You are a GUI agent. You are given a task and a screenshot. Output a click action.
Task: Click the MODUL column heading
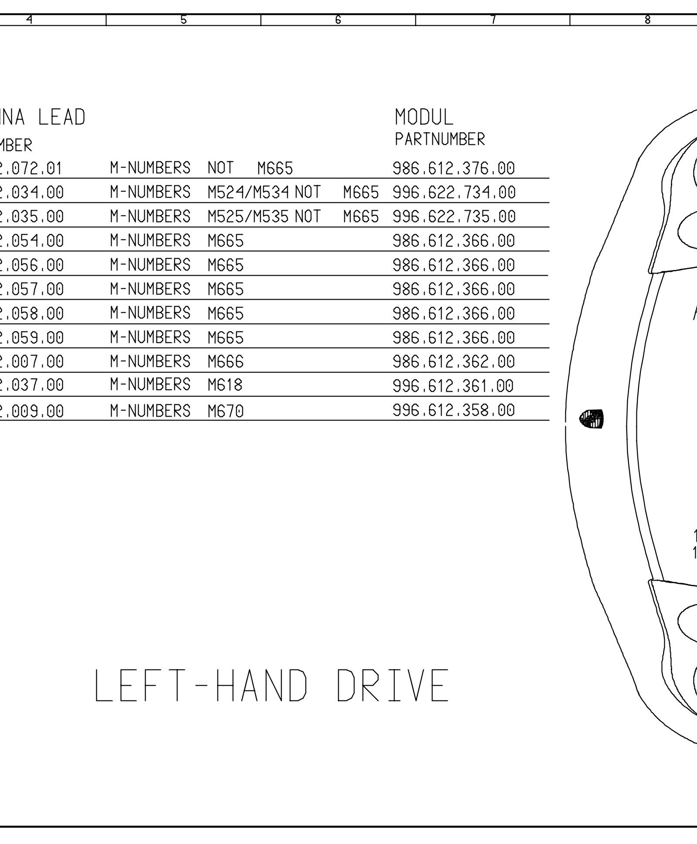click(424, 117)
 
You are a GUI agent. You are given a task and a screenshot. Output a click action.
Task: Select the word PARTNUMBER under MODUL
click(439, 140)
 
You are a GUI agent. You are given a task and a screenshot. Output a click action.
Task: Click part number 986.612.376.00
click(453, 168)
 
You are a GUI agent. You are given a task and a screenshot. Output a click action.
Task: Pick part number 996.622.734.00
click(454, 192)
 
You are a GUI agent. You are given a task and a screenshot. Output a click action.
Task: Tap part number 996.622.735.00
click(454, 217)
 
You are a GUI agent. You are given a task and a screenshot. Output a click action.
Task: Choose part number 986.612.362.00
click(453, 362)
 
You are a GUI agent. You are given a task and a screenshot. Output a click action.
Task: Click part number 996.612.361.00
click(453, 386)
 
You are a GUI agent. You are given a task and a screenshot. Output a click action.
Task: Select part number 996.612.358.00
click(453, 410)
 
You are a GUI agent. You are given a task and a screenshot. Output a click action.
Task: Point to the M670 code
click(225, 411)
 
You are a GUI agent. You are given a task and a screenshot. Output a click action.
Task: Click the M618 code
click(225, 385)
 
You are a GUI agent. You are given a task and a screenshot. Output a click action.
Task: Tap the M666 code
click(225, 362)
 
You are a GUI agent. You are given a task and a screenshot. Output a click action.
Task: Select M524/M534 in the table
click(248, 192)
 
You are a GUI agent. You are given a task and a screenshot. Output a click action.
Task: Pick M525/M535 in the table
click(248, 217)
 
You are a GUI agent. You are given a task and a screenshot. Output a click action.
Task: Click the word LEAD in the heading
click(61, 118)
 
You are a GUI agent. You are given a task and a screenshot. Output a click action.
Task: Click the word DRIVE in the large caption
click(392, 686)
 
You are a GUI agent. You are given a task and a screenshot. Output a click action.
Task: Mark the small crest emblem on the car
click(592, 419)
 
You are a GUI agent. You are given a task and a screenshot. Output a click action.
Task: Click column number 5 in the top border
click(184, 20)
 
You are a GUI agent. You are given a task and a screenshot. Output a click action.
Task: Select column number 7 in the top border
click(493, 20)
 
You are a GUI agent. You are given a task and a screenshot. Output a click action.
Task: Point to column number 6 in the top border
click(338, 20)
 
